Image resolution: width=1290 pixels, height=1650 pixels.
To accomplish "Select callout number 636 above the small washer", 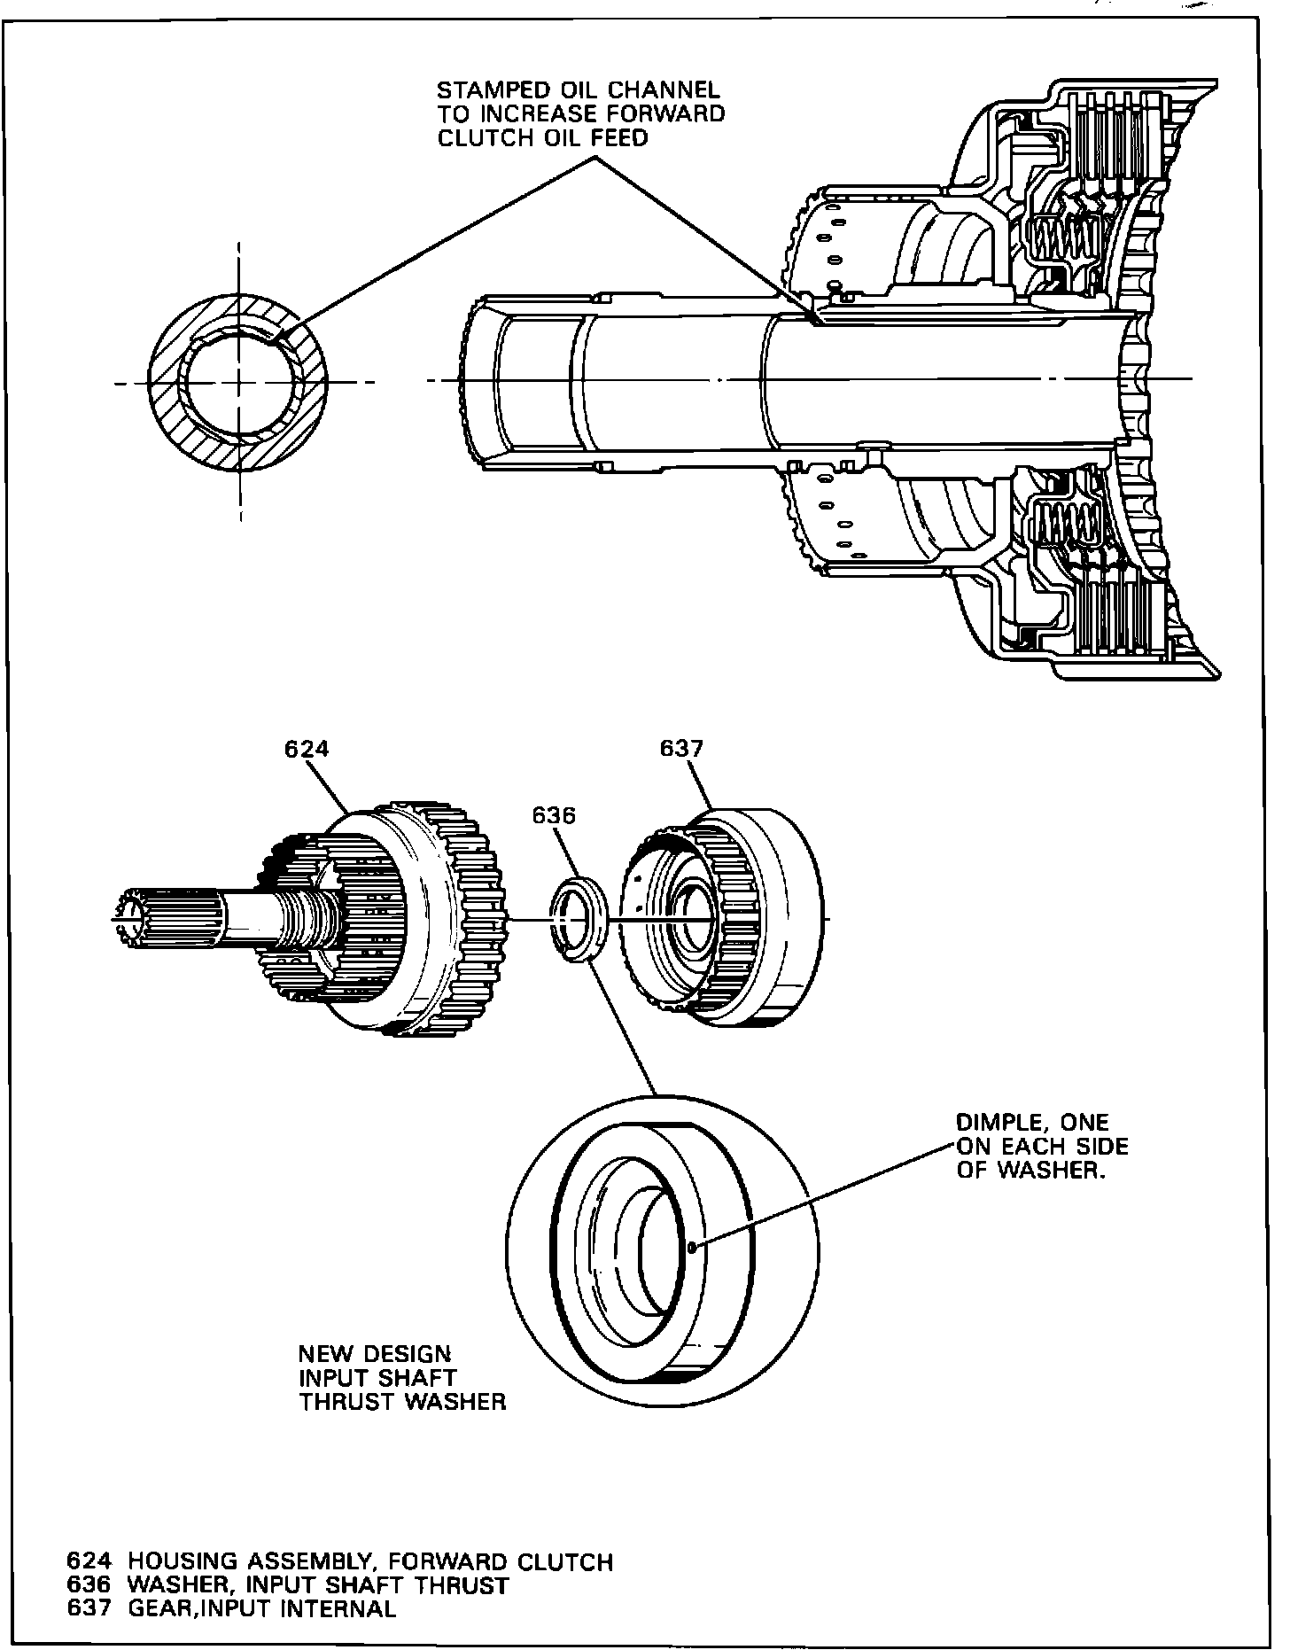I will point(554,815).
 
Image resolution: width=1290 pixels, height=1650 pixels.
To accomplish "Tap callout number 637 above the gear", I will point(681,749).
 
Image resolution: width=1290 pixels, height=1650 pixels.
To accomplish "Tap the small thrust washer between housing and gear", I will point(579,918).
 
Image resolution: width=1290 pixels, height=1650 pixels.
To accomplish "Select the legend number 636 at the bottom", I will point(89,1584).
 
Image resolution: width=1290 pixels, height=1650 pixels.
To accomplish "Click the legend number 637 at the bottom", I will point(89,1608).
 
